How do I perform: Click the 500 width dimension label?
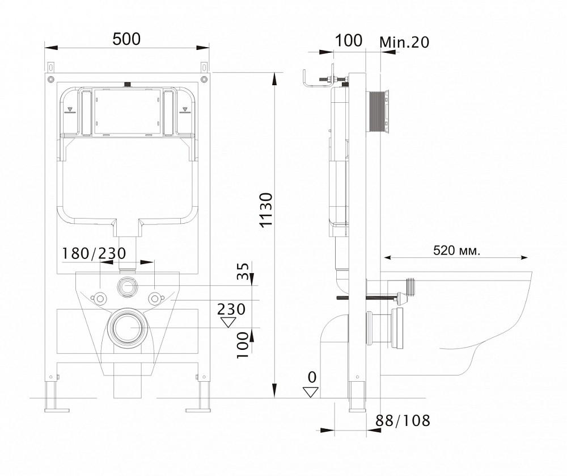point(126,39)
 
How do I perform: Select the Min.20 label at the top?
point(404,41)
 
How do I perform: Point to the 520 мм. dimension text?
point(456,250)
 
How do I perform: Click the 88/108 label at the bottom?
point(403,421)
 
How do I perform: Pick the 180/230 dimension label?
point(94,253)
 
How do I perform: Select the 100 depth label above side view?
point(349,40)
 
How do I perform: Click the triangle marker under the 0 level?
point(310,392)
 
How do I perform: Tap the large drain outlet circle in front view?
point(128,328)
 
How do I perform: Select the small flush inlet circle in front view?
point(128,286)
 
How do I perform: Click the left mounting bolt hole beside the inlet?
point(101,298)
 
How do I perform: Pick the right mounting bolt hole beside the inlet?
point(154,298)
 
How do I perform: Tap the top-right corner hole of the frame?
point(203,79)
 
